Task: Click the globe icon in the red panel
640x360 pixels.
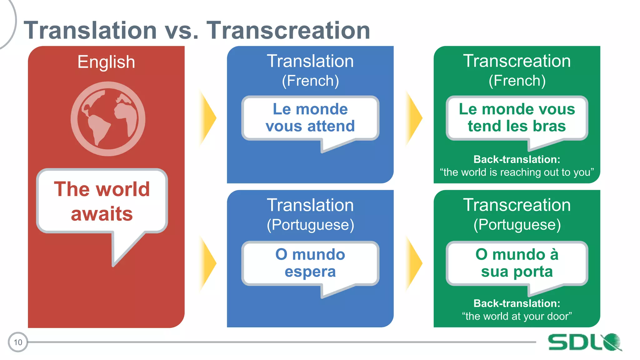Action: point(108,119)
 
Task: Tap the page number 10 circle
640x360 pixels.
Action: point(18,342)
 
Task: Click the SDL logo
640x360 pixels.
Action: point(584,342)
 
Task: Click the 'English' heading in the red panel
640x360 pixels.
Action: point(106,62)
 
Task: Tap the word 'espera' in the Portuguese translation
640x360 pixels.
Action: point(310,272)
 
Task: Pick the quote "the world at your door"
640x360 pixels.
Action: point(517,316)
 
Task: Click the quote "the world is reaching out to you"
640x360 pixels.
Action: point(517,172)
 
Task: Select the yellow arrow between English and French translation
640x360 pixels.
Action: point(207,118)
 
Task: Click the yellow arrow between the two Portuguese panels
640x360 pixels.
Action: point(414,263)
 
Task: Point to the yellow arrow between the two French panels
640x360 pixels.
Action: point(414,118)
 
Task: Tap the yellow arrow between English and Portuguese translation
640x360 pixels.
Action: point(207,263)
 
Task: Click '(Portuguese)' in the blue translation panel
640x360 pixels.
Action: point(310,225)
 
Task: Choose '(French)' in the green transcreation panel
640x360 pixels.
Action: point(517,81)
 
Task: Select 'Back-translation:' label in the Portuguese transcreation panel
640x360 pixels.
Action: point(517,303)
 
